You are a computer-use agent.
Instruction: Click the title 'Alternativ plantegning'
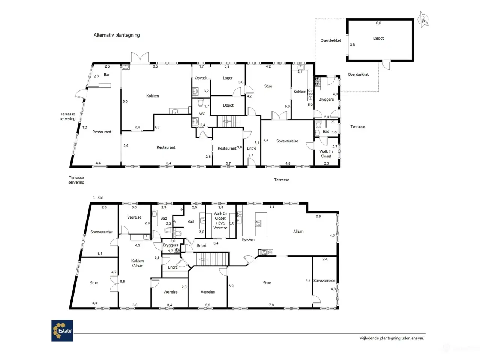point(117,35)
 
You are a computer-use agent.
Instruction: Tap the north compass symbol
point(423,20)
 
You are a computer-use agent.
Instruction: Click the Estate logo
point(62,330)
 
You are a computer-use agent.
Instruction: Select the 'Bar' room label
point(107,75)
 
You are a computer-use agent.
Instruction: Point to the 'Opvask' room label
point(201,78)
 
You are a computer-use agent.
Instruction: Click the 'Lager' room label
point(228,78)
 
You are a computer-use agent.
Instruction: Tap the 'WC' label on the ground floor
point(202,114)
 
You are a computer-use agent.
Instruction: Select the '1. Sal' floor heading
point(98,198)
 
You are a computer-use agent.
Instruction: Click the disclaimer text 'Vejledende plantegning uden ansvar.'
point(391,338)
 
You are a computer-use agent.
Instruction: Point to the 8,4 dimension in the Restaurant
point(169,163)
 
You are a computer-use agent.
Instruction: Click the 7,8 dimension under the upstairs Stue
point(271,305)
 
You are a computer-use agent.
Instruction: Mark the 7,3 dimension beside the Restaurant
point(85,128)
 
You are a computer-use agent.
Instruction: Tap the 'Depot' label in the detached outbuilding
point(378,39)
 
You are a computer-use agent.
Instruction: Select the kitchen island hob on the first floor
point(258,223)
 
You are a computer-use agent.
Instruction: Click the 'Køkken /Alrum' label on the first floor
point(137,263)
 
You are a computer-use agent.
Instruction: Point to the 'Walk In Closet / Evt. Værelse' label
point(220,220)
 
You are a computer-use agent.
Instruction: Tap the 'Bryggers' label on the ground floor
point(326,99)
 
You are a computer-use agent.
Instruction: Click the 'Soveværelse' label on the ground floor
point(287,141)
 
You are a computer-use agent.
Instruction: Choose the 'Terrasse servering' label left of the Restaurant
point(67,117)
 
